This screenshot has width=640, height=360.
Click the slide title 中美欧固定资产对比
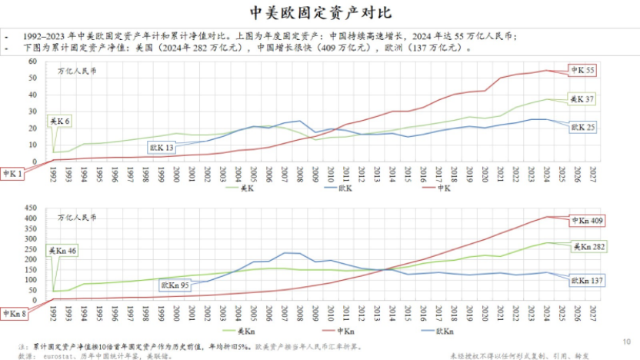(320, 14)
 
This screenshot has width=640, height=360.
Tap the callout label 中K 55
(582, 70)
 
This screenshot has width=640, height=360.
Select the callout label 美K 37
(582, 99)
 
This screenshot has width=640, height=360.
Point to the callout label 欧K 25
(583, 127)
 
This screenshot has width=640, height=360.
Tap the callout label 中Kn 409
(585, 222)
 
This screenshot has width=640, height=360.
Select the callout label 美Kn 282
(588, 247)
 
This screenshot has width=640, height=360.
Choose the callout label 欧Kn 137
(587, 282)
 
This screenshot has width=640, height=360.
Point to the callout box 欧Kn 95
(175, 285)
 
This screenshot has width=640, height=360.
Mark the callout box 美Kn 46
(62, 251)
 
